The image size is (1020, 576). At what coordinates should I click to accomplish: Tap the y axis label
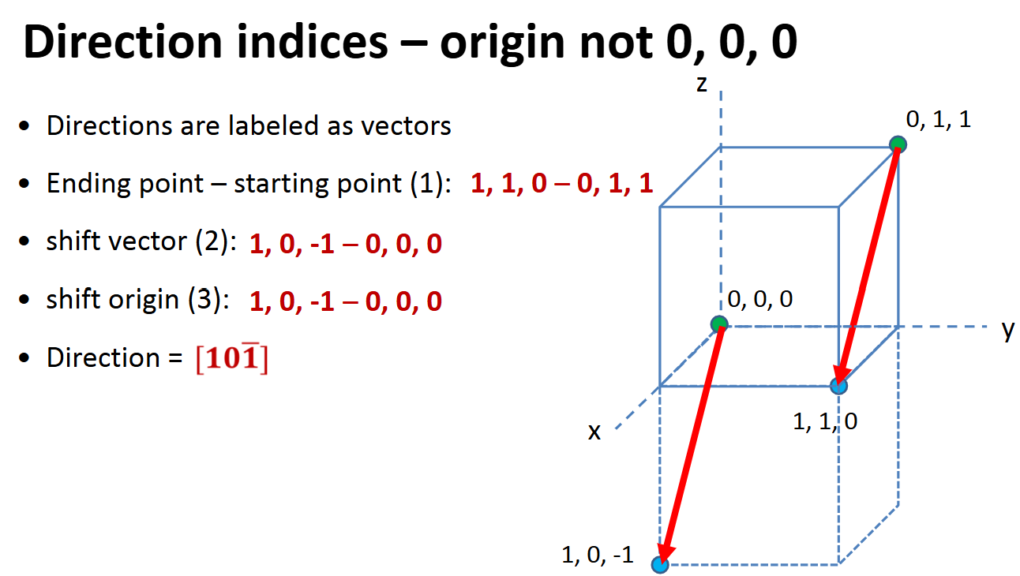click(x=1007, y=330)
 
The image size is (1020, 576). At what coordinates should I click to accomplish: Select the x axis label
click(x=594, y=431)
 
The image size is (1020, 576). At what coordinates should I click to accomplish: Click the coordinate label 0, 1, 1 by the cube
click(x=939, y=119)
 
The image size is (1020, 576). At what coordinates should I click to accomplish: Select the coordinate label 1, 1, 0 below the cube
click(x=825, y=421)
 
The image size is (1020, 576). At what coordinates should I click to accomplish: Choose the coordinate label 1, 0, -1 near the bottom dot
click(x=597, y=555)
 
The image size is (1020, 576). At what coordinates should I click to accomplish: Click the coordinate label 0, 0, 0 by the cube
click(x=760, y=299)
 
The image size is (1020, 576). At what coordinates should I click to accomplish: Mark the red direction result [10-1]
click(x=231, y=359)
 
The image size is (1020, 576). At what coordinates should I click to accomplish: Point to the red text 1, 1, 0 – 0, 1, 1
click(x=562, y=184)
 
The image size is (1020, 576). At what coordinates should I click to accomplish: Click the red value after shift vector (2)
click(x=345, y=244)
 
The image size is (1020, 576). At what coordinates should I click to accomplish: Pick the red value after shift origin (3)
click(x=345, y=301)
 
